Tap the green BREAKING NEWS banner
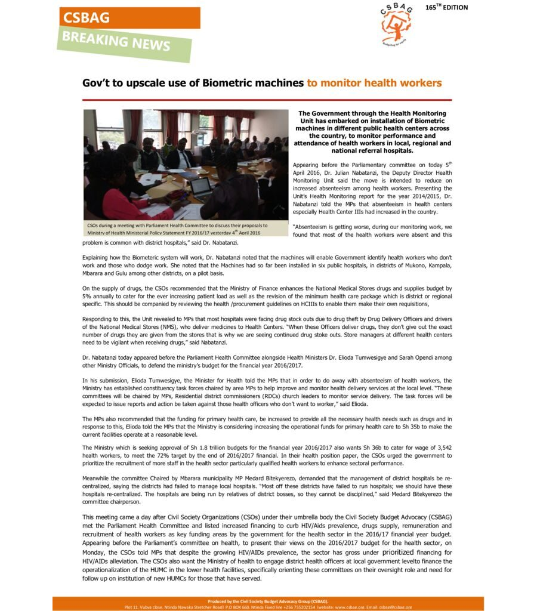click(x=125, y=44)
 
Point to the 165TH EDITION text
click(x=446, y=8)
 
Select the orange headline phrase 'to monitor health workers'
click(x=374, y=83)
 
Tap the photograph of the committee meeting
click(x=186, y=165)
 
